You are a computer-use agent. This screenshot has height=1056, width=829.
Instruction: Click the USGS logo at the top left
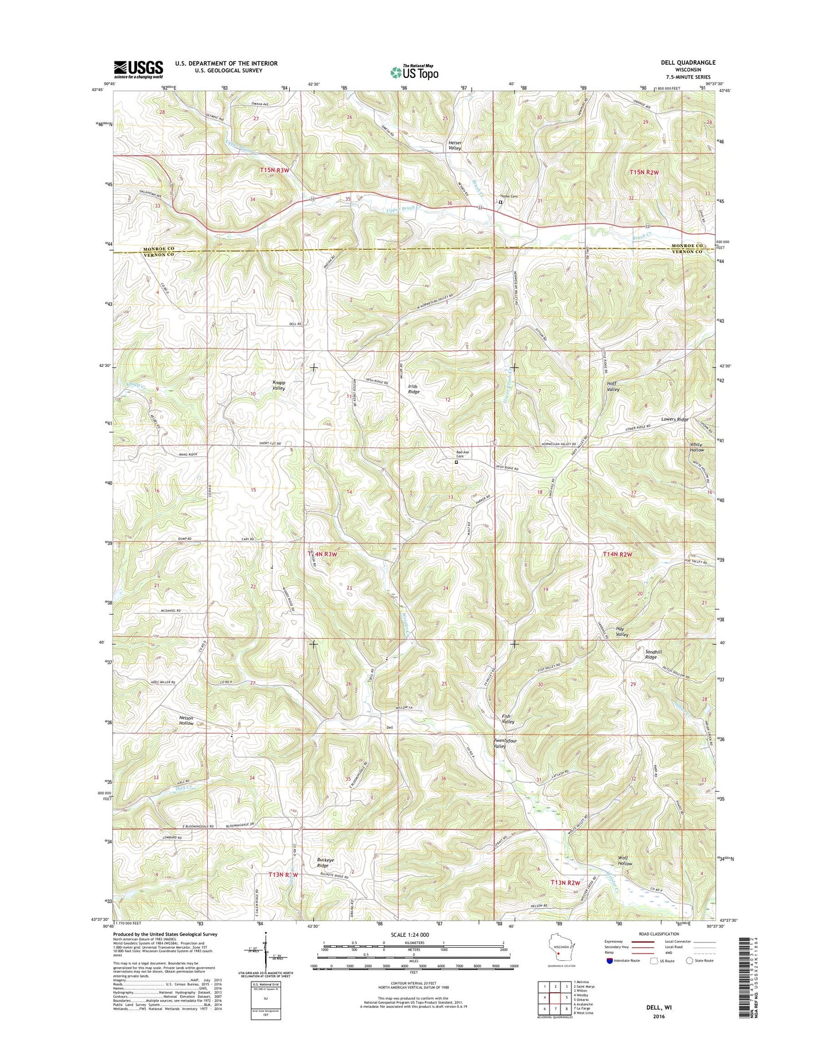coord(138,69)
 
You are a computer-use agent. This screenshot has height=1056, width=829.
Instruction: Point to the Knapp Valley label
coord(279,385)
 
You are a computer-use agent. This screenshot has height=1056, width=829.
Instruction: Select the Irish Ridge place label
coord(413,389)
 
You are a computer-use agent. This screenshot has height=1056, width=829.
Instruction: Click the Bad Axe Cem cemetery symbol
coord(457,462)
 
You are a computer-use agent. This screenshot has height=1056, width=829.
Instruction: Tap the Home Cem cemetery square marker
coord(500,202)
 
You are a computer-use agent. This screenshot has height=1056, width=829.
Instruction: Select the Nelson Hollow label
coord(186,720)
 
